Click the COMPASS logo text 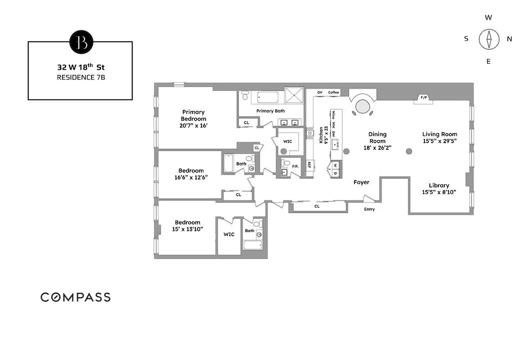tap(75, 297)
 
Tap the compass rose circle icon tap(488, 39)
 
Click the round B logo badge tap(81, 42)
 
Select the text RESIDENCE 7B tap(81, 77)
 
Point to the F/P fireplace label tap(424, 98)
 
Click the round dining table tap(363, 106)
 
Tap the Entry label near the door tap(369, 209)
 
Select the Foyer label tap(361, 182)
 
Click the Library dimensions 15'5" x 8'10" tap(439, 192)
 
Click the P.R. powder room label tap(295, 166)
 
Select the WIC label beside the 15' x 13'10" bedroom tap(229, 234)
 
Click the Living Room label tap(439, 134)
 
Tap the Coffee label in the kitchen tap(333, 92)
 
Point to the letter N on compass tap(510, 39)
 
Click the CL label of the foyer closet tap(317, 206)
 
